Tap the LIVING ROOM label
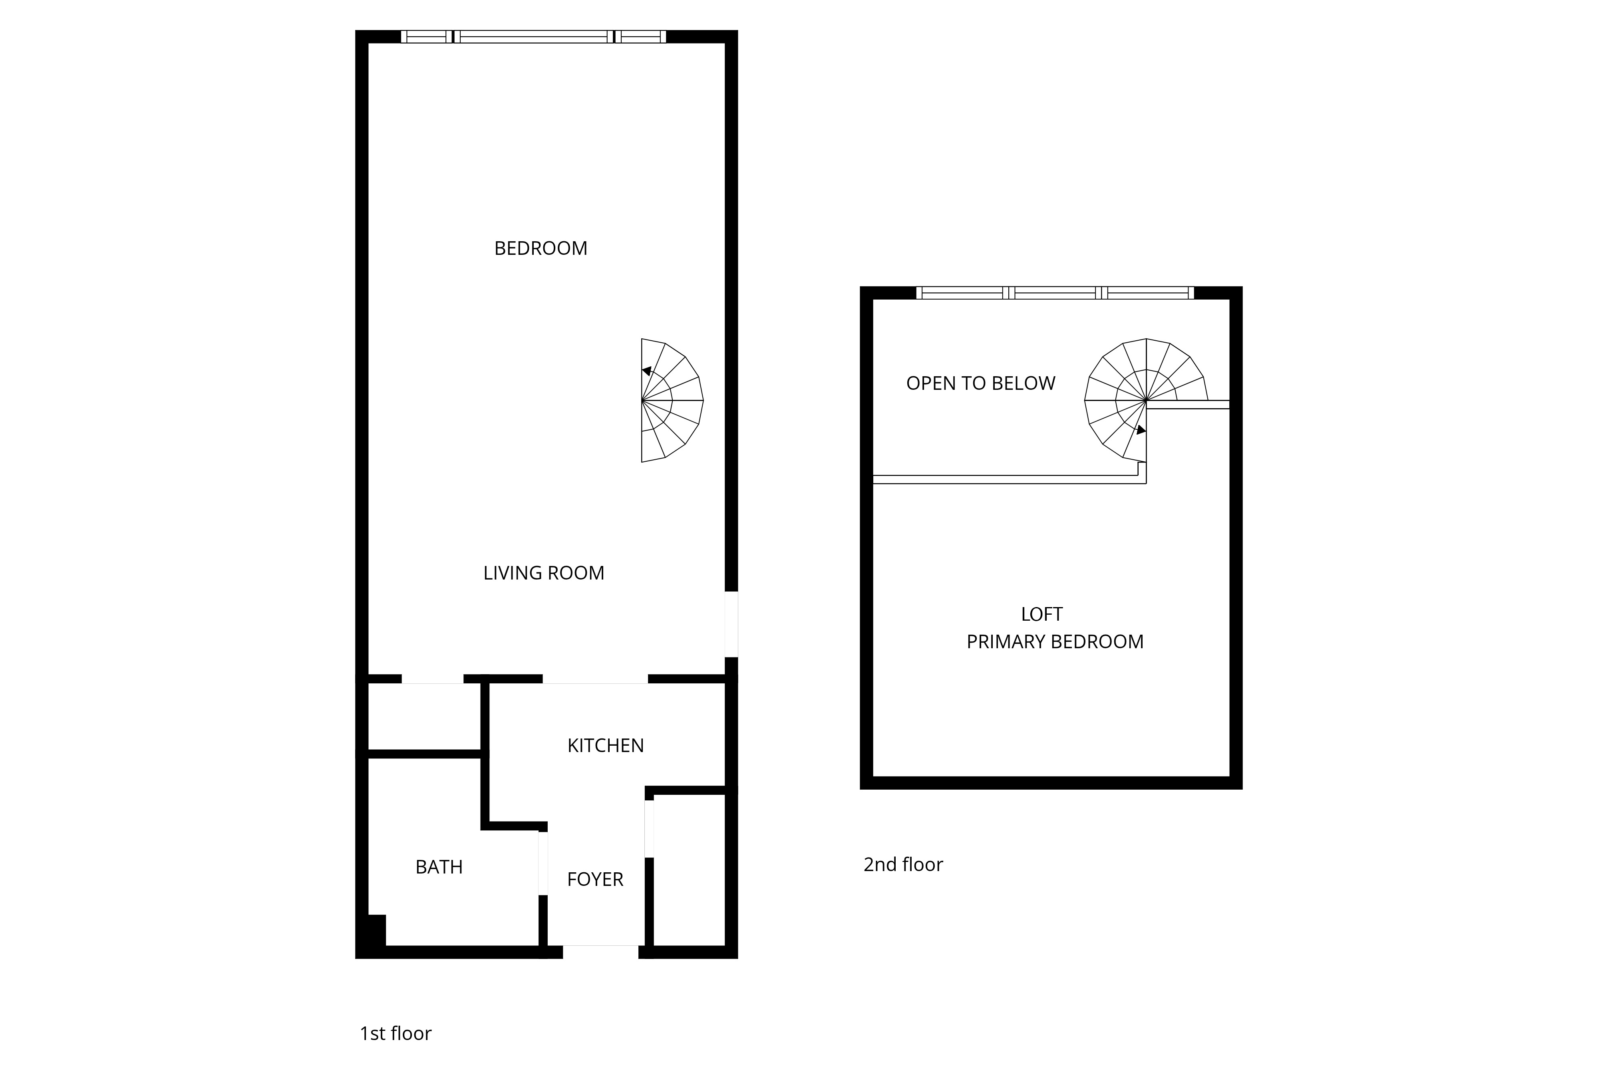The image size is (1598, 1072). coord(544,573)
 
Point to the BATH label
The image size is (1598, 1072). coord(439,867)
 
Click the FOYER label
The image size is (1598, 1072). coord(595,879)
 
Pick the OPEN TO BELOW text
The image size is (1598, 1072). coord(980,383)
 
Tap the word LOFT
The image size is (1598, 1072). coord(1041,615)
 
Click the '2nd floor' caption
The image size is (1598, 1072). coord(902,864)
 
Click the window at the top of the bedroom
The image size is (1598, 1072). coord(533,37)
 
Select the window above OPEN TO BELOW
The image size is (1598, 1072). coord(1055,293)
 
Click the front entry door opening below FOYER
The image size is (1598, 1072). coord(600,952)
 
